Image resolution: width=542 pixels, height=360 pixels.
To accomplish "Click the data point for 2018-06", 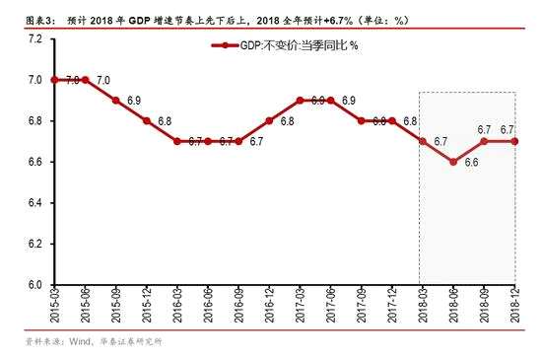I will coord(453,162).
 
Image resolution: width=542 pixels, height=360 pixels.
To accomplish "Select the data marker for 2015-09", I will coord(116,101).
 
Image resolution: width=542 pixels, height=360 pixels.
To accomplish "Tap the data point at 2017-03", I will coord(301,101).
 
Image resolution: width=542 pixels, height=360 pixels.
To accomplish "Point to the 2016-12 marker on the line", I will coord(269,121).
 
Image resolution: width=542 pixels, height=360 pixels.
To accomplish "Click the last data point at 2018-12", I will coord(514,141).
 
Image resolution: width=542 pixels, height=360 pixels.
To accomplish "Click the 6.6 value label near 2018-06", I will coord(471,163).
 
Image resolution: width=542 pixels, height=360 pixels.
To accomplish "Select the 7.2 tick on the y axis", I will coord(34,38).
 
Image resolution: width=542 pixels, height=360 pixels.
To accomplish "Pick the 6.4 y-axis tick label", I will coord(34,203).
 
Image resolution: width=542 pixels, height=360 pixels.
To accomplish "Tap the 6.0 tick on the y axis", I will coord(34,285).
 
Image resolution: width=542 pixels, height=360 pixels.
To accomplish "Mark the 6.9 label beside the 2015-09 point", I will coord(134,101).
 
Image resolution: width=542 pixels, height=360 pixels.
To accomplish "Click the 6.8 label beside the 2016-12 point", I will coord(287,121).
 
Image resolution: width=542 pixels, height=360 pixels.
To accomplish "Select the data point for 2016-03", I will coord(177,141).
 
